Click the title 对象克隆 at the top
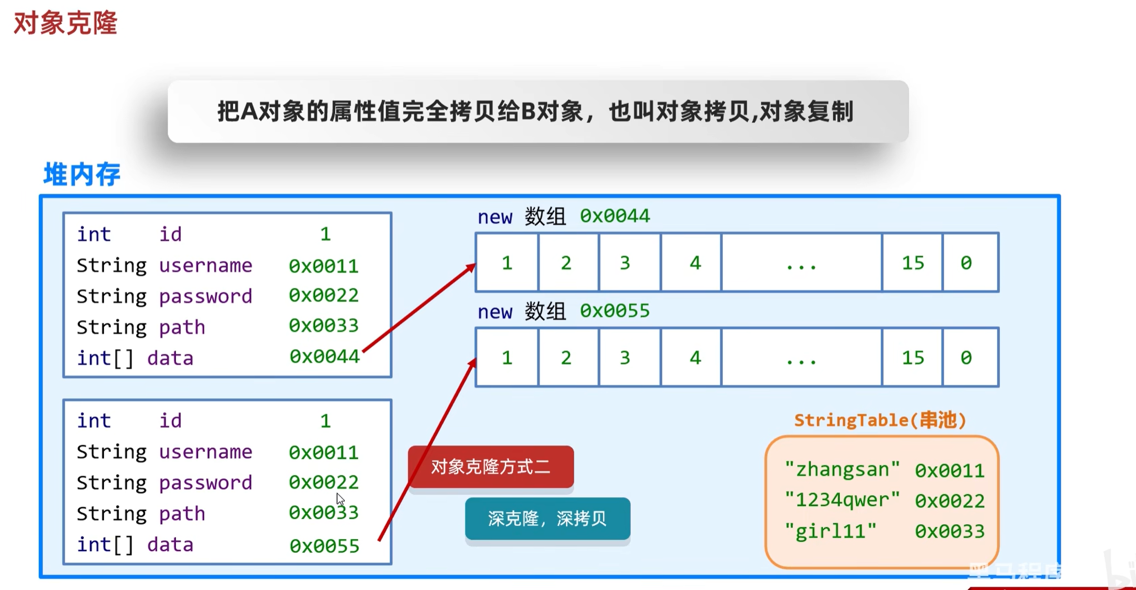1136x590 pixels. pos(65,23)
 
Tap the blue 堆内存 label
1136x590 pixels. pos(82,174)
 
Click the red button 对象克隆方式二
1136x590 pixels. pos(490,467)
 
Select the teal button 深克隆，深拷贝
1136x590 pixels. pos(547,519)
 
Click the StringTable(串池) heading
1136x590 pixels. pos(880,420)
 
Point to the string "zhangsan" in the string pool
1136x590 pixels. pos(842,469)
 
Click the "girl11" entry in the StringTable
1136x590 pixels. pos(831,531)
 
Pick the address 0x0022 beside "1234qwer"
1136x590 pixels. pos(950,501)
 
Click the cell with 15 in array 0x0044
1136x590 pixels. pos(912,263)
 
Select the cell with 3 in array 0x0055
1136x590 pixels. pos(625,357)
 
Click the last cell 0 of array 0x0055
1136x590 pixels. pos(966,357)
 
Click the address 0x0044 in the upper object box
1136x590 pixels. pos(324,357)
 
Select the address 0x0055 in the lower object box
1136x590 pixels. pos(324,545)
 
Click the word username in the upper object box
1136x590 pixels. pos(206,266)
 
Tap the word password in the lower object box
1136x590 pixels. pos(206,483)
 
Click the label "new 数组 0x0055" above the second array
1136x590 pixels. pos(563,311)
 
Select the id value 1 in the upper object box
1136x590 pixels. pos(325,234)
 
